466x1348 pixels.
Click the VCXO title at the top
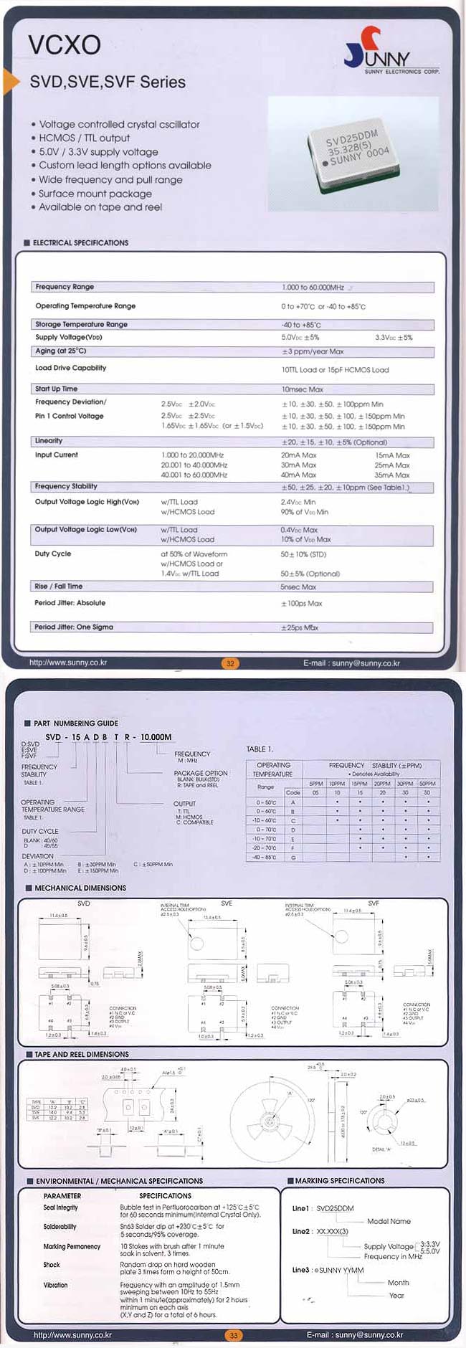64,45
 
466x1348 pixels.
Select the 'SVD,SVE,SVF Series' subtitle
108,82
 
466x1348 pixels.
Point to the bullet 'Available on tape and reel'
100,207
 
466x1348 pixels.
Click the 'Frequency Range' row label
65,287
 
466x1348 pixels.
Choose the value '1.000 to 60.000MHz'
313,288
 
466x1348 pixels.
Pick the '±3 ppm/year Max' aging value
313,352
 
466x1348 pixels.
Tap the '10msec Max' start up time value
302,389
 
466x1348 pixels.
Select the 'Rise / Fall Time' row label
59,587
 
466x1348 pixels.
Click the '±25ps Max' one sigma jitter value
300,627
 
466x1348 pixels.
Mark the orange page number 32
230,663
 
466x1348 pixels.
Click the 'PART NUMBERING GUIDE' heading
76,723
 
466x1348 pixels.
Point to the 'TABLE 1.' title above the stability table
260,749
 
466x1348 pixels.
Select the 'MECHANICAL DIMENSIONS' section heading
80,888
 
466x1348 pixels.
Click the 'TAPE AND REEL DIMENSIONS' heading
82,1054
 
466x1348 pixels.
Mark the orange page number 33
233,1335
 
